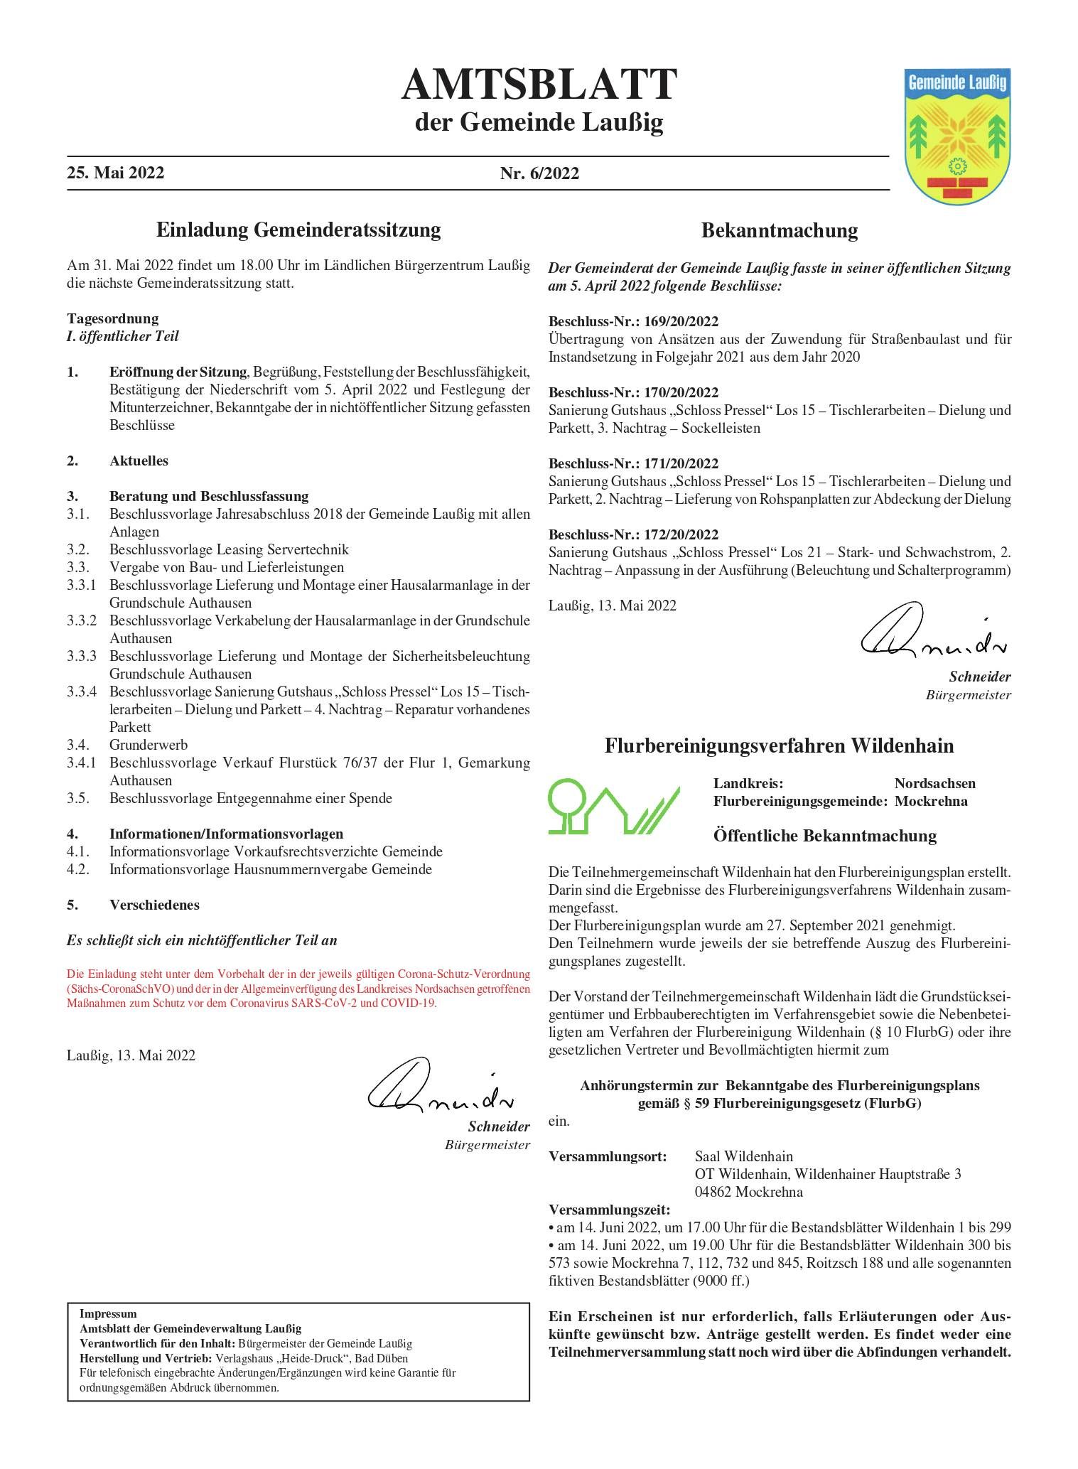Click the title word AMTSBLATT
(539, 86)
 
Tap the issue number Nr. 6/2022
(539, 173)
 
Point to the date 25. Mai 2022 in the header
(116, 173)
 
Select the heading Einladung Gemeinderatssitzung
(298, 230)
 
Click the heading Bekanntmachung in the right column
(779, 230)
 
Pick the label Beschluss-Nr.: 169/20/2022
(633, 321)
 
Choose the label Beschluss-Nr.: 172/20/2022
(633, 534)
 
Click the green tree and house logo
(613, 807)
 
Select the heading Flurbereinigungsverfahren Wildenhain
(779, 746)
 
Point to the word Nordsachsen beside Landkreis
(934, 783)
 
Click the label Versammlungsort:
(608, 1156)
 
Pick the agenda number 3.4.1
(82, 763)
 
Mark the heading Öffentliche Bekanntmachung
(824, 836)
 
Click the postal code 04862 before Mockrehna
(713, 1192)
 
